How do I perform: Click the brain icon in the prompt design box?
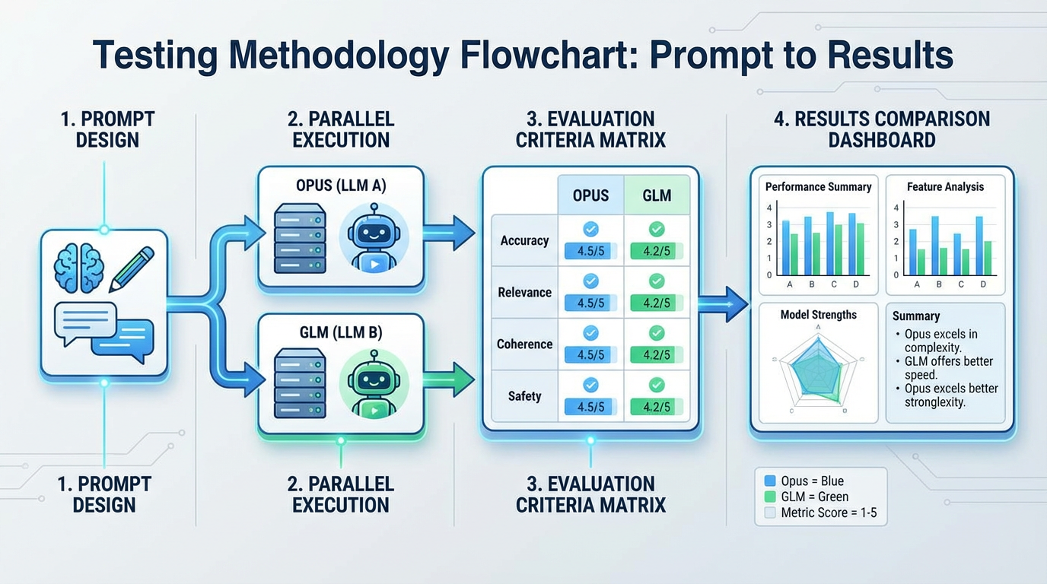click(x=78, y=268)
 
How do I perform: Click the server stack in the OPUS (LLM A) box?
click(x=299, y=238)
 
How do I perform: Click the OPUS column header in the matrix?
click(x=590, y=195)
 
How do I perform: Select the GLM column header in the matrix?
click(x=657, y=195)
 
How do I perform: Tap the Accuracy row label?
click(x=524, y=240)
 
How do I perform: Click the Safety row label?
click(x=524, y=396)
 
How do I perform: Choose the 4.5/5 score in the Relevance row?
click(x=590, y=303)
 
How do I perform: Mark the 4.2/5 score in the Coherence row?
click(x=657, y=355)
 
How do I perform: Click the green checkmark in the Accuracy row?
click(x=657, y=229)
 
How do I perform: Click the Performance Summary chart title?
click(x=818, y=186)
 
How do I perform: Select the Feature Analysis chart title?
click(x=945, y=186)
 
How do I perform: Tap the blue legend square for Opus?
click(x=769, y=481)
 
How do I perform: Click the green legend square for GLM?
click(x=769, y=497)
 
